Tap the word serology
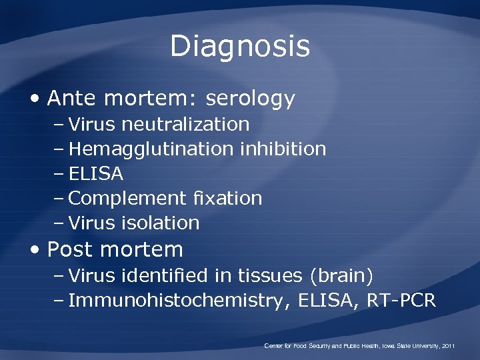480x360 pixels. tap(250, 99)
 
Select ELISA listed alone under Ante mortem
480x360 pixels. tap(96, 174)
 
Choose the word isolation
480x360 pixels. tap(167, 223)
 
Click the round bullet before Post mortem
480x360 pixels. tap(35, 250)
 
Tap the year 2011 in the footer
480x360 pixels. tap(448, 346)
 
